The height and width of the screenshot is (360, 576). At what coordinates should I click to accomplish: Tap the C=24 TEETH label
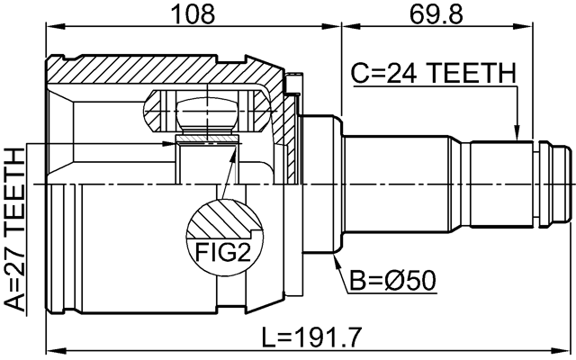433,73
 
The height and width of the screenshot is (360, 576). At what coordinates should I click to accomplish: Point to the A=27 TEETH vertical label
15,229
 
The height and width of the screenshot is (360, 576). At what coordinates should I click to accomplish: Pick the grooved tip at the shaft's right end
558,184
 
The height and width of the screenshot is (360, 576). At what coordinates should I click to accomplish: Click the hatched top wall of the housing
162,67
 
